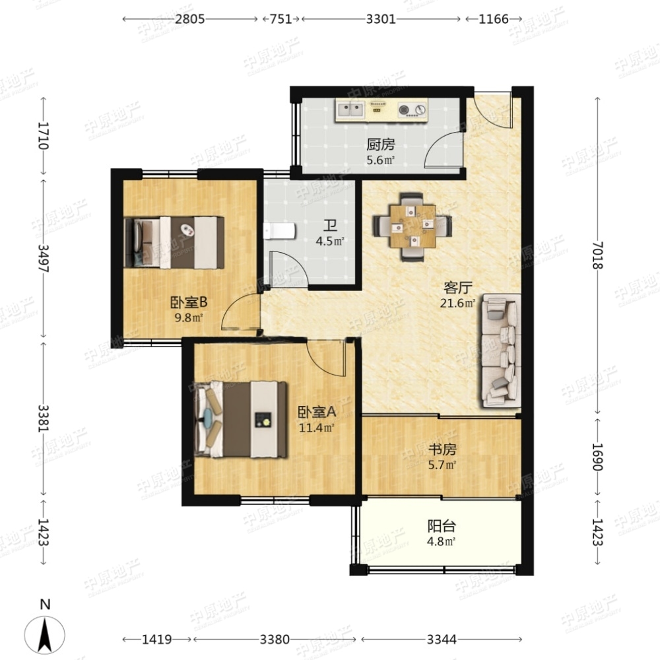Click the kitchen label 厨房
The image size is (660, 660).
[381, 145]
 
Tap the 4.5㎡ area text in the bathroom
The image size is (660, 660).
[330, 241]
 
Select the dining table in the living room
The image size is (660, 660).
[412, 226]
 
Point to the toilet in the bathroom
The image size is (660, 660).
[279, 231]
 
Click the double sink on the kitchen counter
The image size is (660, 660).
[350, 110]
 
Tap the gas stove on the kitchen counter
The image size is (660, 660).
[412, 110]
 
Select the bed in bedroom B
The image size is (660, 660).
[174, 242]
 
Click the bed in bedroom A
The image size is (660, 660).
[241, 419]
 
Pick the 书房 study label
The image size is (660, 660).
[442, 449]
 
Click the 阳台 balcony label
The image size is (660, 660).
[442, 526]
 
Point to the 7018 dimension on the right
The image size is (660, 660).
[598, 255]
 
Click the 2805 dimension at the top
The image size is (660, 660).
[190, 19]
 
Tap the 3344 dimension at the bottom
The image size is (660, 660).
[442, 640]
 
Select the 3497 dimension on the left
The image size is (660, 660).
[44, 258]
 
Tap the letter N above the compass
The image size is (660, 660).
[45, 605]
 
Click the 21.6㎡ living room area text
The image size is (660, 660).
[457, 303]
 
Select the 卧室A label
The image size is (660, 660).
[317, 412]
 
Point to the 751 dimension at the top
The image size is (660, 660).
[280, 19]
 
